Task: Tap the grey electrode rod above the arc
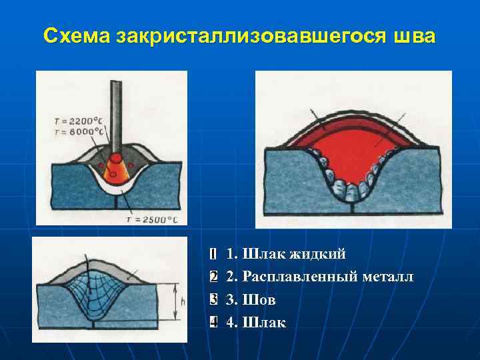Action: click(116, 113)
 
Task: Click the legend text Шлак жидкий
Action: click(294, 253)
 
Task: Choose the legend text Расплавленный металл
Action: click(327, 276)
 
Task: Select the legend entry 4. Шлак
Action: click(256, 323)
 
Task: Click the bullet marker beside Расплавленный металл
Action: click(212, 277)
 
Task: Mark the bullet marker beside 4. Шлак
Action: click(212, 323)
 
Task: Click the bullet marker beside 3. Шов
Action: click(212, 300)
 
